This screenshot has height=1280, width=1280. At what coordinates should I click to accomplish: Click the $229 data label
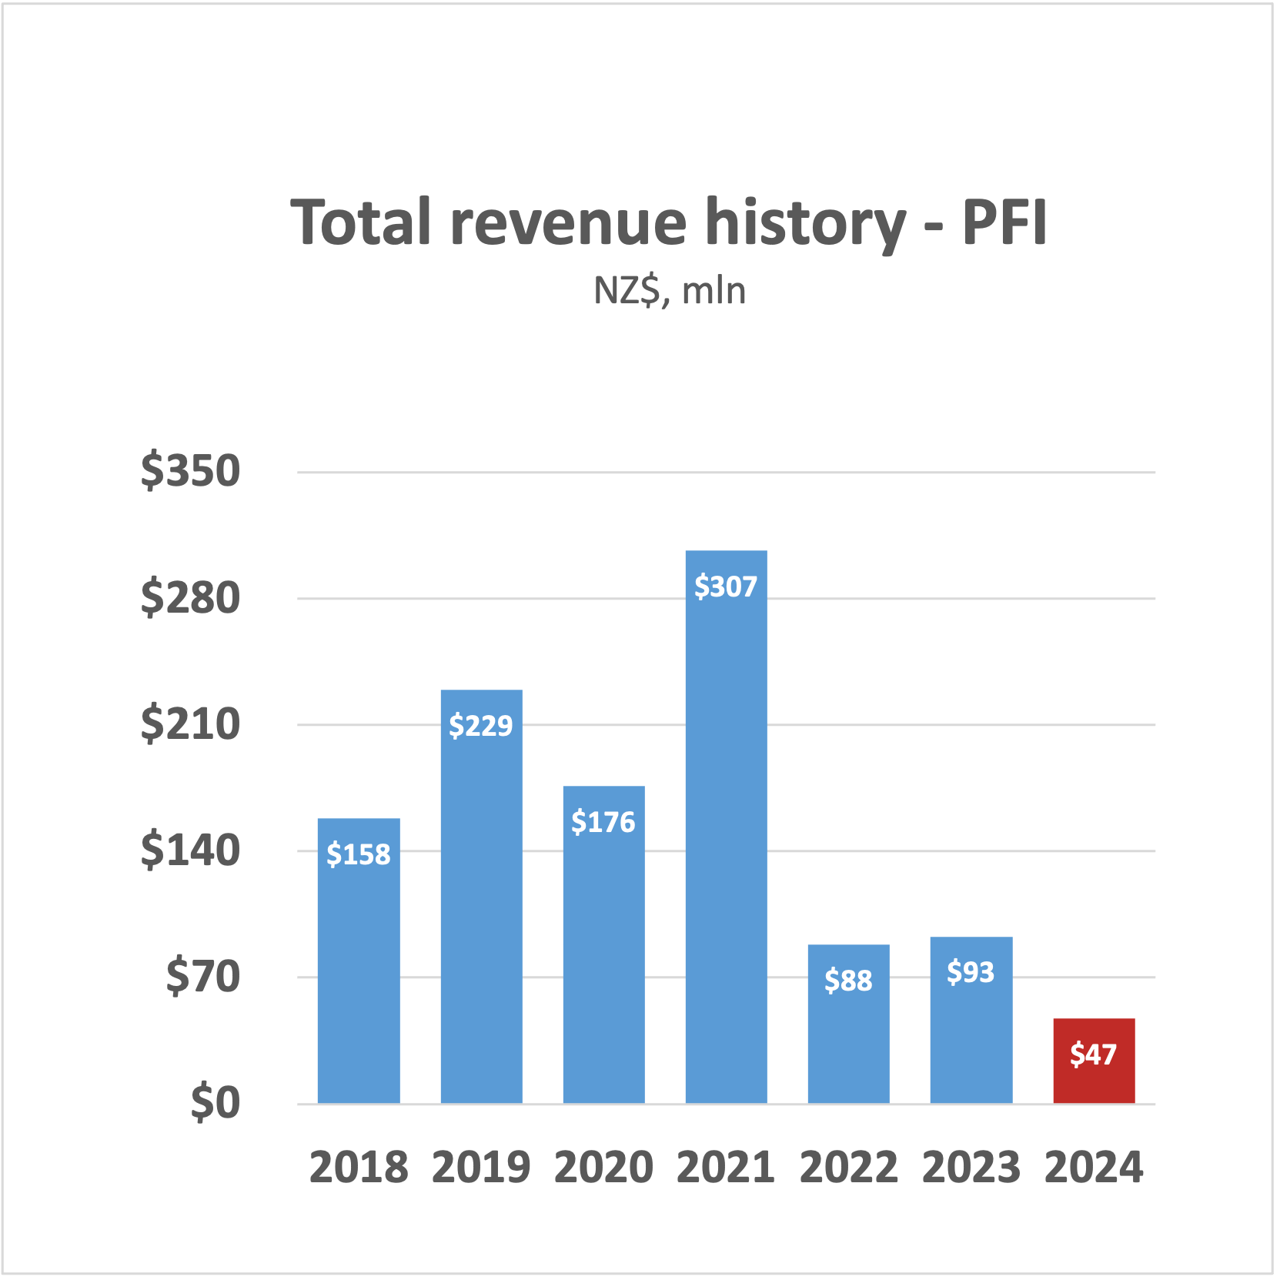tap(481, 725)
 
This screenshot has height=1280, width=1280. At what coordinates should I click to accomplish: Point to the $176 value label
tap(603, 822)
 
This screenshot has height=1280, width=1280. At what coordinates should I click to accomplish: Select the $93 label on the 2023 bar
tap(971, 971)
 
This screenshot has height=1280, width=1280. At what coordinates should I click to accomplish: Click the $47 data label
tap(1093, 1054)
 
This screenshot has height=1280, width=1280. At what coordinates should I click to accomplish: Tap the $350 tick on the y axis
tap(190, 471)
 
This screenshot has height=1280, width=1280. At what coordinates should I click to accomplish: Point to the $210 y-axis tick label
tap(190, 724)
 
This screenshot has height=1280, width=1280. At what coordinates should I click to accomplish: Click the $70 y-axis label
tap(203, 977)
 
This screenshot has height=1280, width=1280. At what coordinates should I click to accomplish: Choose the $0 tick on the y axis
tap(216, 1103)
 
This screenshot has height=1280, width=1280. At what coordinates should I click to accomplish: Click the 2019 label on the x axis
tap(481, 1167)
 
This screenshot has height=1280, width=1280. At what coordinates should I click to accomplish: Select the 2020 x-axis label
tap(603, 1167)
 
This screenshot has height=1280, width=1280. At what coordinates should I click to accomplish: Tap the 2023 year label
tap(971, 1167)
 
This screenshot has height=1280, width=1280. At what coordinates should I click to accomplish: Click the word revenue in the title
tap(568, 222)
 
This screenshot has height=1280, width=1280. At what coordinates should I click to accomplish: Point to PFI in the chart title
tap(1004, 222)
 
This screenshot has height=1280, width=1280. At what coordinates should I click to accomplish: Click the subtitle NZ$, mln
tap(670, 291)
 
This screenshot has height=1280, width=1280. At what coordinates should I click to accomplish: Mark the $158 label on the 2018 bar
tap(359, 854)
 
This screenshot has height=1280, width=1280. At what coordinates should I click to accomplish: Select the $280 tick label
tap(190, 598)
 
